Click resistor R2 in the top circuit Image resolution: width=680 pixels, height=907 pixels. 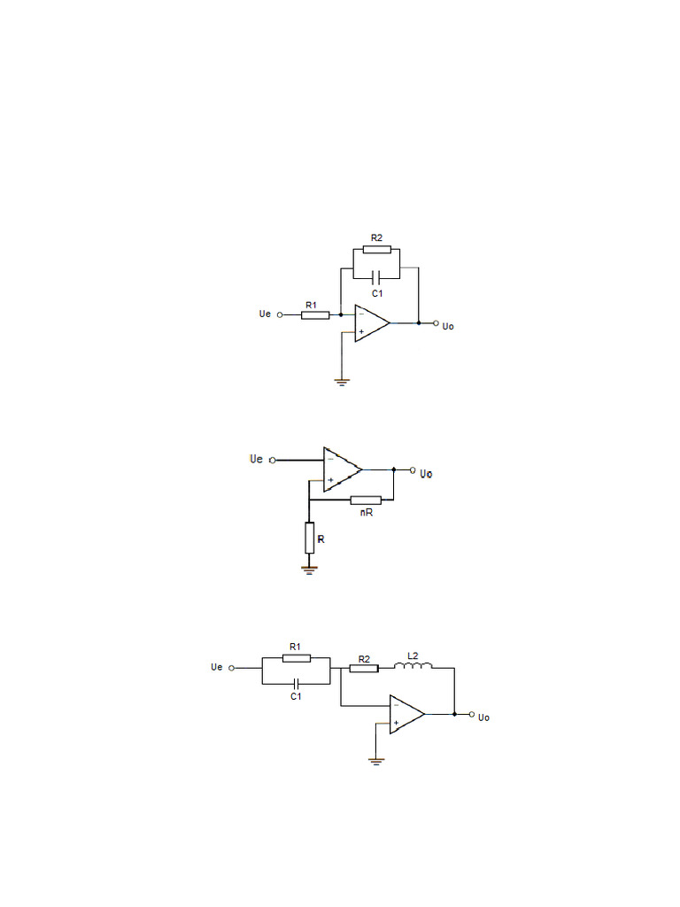click(376, 249)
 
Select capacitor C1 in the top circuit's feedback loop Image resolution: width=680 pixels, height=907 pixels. click(376, 276)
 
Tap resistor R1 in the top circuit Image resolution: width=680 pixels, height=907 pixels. click(315, 314)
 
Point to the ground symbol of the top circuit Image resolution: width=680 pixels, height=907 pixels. click(341, 382)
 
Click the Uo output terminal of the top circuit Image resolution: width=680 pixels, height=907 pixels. click(436, 323)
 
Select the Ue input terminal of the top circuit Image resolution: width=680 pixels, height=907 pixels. click(280, 314)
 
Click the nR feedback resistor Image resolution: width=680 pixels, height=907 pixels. click(366, 500)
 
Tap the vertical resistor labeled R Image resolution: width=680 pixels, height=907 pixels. click(309, 537)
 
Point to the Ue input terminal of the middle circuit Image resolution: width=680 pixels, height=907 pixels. click(273, 460)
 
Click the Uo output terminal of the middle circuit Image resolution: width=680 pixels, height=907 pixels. click(412, 469)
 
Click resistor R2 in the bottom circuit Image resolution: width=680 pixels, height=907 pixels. click(363, 668)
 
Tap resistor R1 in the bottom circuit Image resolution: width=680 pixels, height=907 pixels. click(296, 658)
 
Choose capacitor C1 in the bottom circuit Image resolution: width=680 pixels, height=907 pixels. click(296, 683)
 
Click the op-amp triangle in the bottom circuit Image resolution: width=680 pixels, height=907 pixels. click(406, 714)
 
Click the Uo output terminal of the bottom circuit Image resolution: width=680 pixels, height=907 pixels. click(472, 714)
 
